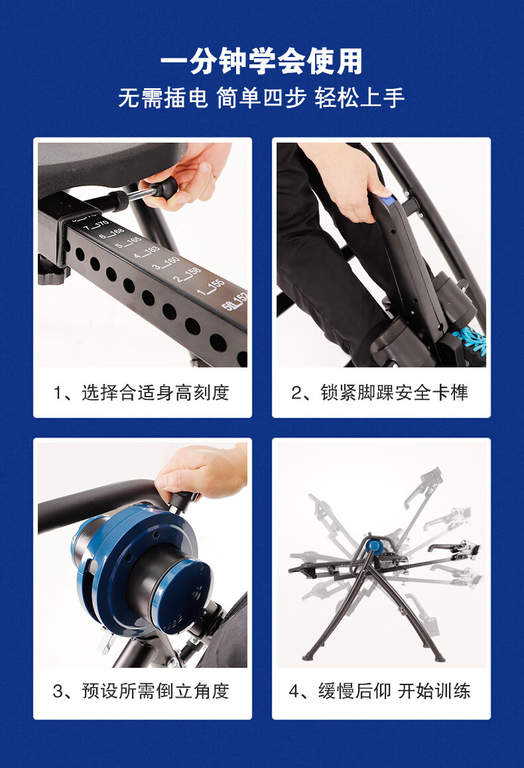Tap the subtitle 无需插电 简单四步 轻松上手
[x=261, y=98]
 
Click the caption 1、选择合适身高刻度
[x=141, y=393]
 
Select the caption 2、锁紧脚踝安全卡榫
[x=380, y=393]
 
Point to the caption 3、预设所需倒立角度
[x=141, y=691]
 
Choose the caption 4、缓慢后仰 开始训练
[x=380, y=691]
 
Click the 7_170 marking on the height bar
[x=96, y=225]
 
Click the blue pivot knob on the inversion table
[x=375, y=544]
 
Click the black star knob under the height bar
[x=52, y=277]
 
